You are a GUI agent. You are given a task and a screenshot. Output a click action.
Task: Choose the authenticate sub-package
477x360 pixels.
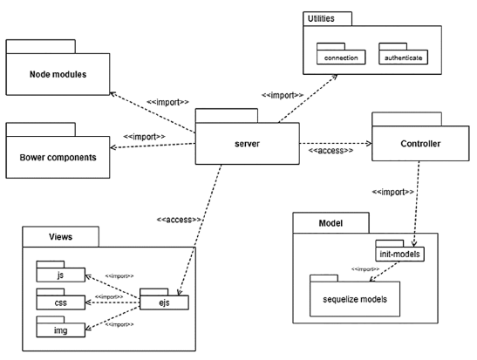[x=404, y=58]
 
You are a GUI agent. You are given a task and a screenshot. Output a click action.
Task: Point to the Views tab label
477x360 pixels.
[x=58, y=235]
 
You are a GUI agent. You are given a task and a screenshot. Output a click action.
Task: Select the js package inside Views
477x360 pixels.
[x=60, y=275]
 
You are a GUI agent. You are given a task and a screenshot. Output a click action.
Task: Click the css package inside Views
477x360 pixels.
[x=60, y=302]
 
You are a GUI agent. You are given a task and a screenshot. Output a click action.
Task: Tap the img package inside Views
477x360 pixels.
[x=60, y=330]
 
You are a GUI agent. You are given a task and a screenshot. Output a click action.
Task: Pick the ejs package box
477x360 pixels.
[x=165, y=302]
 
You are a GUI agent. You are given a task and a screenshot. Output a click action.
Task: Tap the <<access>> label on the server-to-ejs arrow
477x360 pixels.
[x=180, y=219]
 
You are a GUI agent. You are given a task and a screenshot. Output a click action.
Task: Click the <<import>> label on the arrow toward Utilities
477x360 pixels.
[x=282, y=94]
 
